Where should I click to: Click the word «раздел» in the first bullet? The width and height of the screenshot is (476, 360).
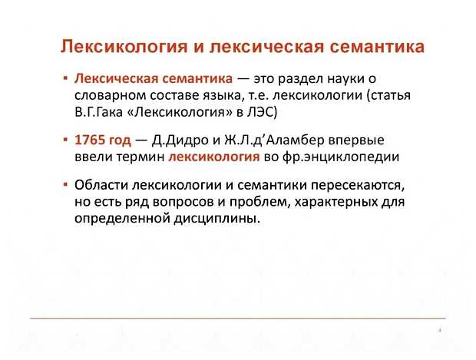pyautogui.click(x=308, y=79)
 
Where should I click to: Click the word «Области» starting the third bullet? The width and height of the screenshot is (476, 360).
pyautogui.click(x=102, y=187)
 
